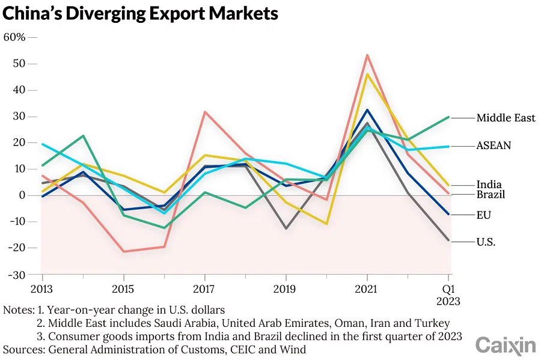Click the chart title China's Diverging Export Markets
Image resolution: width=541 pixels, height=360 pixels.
point(141,13)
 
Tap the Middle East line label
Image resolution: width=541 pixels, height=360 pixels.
point(506,118)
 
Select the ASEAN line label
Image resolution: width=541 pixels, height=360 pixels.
point(494,145)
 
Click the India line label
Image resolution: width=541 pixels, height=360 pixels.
point(489,185)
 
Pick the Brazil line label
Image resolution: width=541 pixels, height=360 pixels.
point(491,195)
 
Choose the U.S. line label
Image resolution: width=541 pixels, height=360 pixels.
point(486,242)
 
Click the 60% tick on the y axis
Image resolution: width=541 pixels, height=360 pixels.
point(14,37)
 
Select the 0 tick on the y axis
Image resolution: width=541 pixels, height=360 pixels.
point(22,195)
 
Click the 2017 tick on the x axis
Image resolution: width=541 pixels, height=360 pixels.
point(205,288)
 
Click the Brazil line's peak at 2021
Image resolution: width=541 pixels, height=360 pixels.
point(367,55)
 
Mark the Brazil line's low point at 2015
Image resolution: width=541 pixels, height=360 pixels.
point(123,251)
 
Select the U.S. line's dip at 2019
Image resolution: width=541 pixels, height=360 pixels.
point(286,228)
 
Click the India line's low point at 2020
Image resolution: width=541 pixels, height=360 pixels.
point(326,224)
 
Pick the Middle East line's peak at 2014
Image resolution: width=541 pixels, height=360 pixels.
point(83,136)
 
